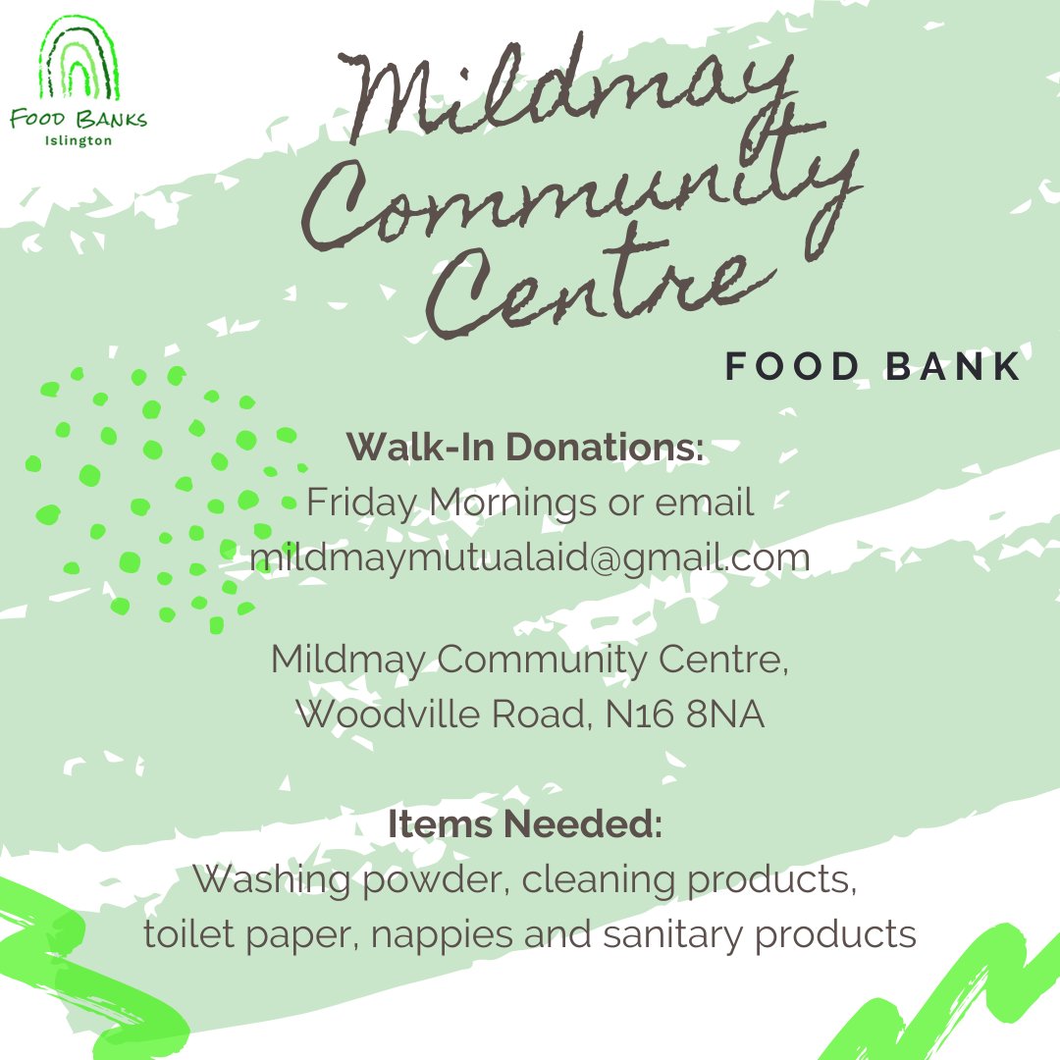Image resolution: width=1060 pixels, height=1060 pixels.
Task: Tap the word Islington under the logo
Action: point(79,140)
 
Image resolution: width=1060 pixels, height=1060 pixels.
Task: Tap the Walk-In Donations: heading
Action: point(526,448)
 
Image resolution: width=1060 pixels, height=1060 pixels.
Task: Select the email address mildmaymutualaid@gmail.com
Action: point(530,556)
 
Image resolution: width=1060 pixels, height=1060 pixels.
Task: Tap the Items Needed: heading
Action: point(526,824)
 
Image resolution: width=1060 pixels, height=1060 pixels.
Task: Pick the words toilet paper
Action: point(251,933)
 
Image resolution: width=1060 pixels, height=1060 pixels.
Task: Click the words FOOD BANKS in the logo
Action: point(79,120)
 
